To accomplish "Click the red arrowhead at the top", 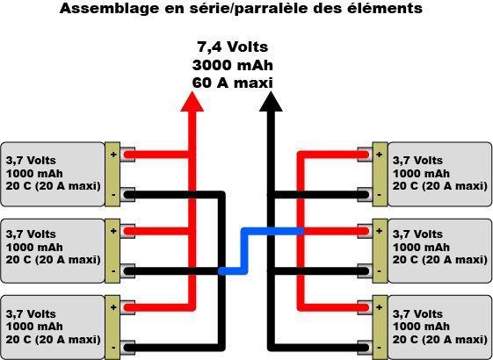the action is (x=192, y=102).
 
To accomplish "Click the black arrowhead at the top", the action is (x=271, y=102).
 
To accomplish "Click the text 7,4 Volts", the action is (x=232, y=47).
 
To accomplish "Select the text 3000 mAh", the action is (x=232, y=66).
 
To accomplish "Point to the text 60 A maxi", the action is (x=232, y=83).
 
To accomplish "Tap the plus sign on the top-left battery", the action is (x=112, y=155).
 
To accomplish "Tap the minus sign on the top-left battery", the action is (x=113, y=195).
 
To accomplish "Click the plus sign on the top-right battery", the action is (x=380, y=155).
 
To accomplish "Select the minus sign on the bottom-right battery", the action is (x=379, y=348).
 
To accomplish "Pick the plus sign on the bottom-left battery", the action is (x=112, y=307).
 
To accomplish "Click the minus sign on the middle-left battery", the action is (x=113, y=271).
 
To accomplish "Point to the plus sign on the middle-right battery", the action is (x=380, y=231).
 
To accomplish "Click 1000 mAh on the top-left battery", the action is (x=34, y=174).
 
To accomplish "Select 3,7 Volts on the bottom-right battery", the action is (x=417, y=313).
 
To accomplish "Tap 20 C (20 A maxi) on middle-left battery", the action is (x=53, y=260).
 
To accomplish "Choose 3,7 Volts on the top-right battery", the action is (x=417, y=161).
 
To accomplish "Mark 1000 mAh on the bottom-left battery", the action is (x=34, y=327).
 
